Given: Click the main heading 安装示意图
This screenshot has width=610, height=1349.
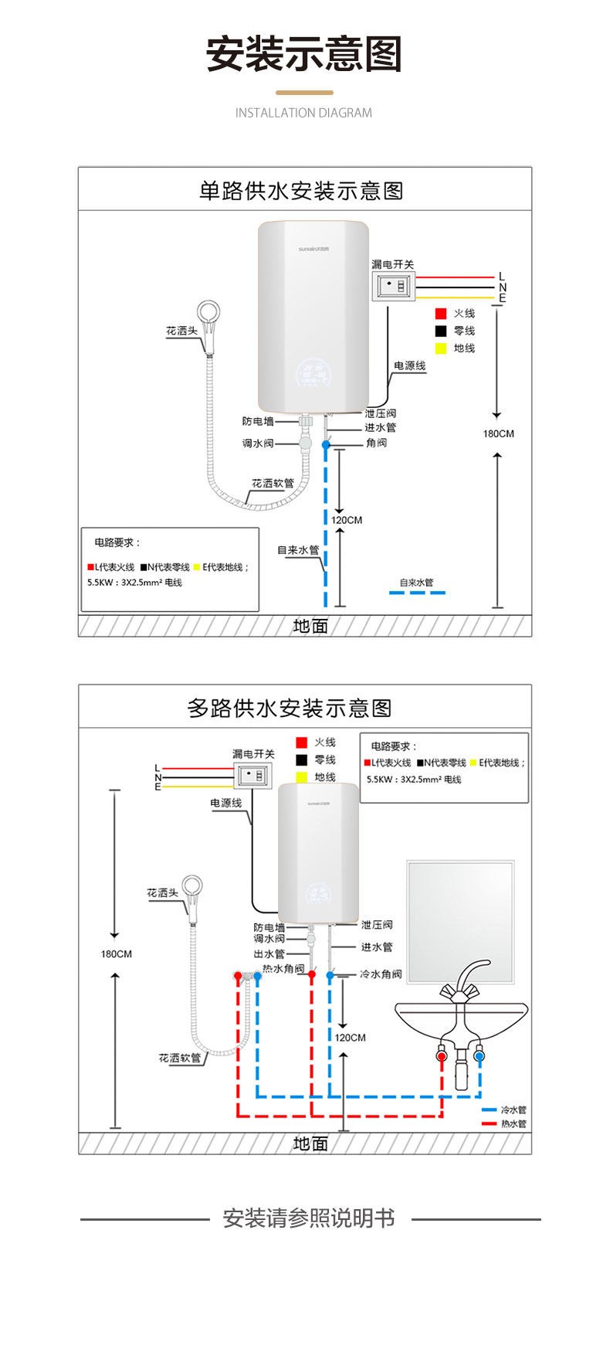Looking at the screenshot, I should [303, 55].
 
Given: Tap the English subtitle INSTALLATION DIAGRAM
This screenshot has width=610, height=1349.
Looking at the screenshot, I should [303, 113].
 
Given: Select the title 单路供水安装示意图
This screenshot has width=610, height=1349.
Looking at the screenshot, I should [301, 191].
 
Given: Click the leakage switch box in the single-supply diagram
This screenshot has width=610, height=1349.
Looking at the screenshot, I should [393, 287].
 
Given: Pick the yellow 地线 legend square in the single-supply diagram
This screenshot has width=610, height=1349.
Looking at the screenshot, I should [441, 348].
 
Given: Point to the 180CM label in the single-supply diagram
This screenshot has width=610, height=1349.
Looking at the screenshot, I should [498, 433].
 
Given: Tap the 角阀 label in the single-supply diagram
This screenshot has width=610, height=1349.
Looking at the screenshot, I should [376, 443].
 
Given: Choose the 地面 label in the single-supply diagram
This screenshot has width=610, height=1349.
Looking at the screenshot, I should [310, 626].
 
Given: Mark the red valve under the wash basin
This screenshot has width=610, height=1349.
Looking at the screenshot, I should [441, 1055].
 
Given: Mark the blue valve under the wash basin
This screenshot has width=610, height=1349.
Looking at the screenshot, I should [480, 1055].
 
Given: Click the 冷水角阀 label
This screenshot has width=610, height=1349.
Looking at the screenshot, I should [381, 974].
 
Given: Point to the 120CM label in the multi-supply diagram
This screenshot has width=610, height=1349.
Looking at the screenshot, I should [350, 1038].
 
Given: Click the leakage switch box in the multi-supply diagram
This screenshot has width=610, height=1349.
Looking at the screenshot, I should [254, 774].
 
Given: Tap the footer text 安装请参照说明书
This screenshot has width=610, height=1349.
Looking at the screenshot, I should [309, 1218].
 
